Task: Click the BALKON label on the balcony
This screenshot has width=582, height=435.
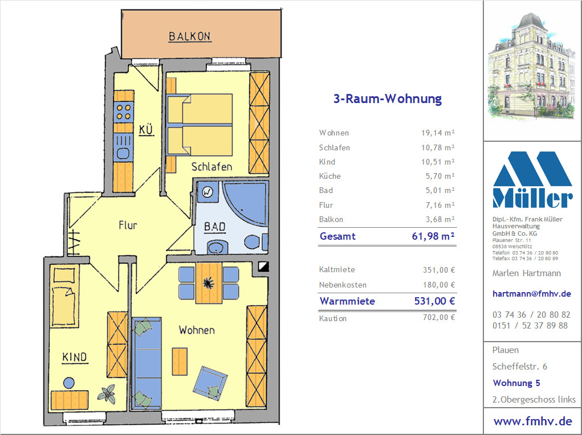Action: point(190,36)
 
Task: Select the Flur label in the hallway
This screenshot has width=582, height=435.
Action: point(128,225)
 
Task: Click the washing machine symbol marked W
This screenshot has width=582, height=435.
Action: point(207,192)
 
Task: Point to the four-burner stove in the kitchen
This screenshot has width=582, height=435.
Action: point(124,112)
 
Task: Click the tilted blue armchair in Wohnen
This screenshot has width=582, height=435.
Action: point(210,383)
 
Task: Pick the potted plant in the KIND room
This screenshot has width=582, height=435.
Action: point(107,394)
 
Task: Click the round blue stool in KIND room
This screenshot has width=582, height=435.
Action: point(68,383)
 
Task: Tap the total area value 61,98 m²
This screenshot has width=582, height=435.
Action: point(433,236)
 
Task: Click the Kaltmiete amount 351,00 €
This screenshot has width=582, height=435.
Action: point(439,270)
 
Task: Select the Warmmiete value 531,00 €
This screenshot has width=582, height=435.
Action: point(434,301)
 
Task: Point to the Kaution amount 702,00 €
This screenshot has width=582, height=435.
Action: point(439,318)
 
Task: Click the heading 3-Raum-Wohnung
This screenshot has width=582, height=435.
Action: point(388,99)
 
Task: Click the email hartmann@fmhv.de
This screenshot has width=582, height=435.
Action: point(531,294)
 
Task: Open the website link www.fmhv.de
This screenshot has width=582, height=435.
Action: point(532,421)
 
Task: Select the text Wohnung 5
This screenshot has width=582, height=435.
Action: point(516,383)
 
